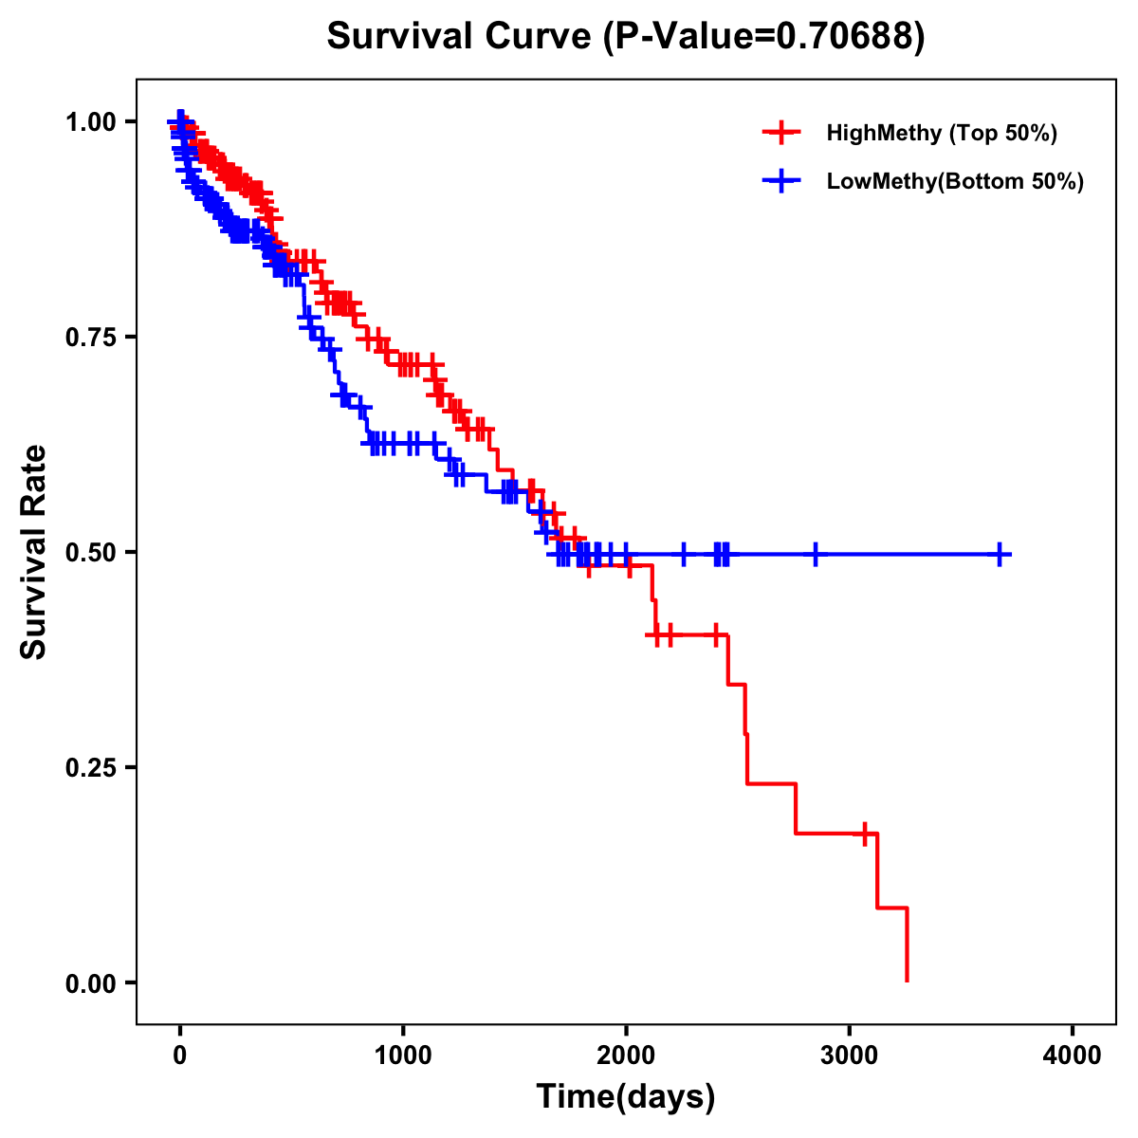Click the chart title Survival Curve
point(462,37)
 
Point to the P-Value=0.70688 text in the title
point(766,37)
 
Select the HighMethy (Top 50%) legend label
point(941,133)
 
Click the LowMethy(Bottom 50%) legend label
point(954,181)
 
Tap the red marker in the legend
point(781,133)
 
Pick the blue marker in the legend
point(781,181)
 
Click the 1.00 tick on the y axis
point(90,122)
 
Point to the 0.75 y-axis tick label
point(90,338)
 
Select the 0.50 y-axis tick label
point(90,552)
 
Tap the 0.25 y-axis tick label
point(90,767)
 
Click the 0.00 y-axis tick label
point(90,982)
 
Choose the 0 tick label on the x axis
point(180,1055)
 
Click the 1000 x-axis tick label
point(403,1055)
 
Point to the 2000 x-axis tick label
point(626,1055)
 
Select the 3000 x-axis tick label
point(850,1055)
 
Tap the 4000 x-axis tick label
point(1073,1055)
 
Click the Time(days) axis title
point(626,1097)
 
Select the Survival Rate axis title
point(34,551)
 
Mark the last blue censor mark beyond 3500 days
point(1000,554)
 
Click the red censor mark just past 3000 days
point(865,834)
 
